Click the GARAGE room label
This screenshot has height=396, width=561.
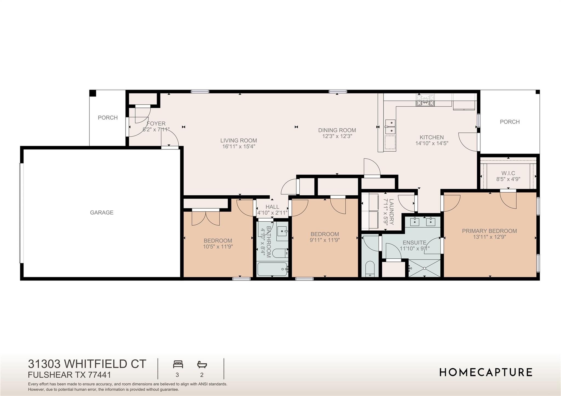(102, 212)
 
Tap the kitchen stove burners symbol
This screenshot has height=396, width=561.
(425, 100)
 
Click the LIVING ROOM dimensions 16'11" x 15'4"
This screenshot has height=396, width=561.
(239, 146)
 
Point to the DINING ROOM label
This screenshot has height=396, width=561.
(337, 130)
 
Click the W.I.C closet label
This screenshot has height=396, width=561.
(508, 173)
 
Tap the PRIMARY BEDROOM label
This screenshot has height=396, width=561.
(489, 231)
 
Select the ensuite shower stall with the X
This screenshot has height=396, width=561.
(424, 268)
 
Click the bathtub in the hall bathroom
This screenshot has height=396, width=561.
(272, 269)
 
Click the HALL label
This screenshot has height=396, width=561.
(272, 207)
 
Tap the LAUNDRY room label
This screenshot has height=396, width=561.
(391, 212)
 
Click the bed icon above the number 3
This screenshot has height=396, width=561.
(178, 365)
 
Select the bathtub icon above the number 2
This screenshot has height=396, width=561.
(202, 365)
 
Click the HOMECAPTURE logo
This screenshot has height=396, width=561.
(486, 372)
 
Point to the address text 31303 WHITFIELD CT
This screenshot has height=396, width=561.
(87, 364)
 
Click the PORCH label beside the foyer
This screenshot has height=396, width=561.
(108, 117)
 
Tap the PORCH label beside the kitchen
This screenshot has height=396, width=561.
(510, 122)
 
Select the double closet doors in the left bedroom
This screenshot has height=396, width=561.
(205, 218)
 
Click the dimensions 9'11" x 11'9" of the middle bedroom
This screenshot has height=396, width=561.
(325, 240)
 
